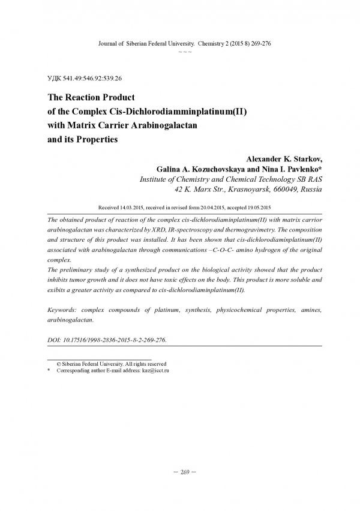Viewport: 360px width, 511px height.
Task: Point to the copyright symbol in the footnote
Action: point(58,364)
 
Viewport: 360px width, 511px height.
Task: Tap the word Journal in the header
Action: point(98,44)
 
